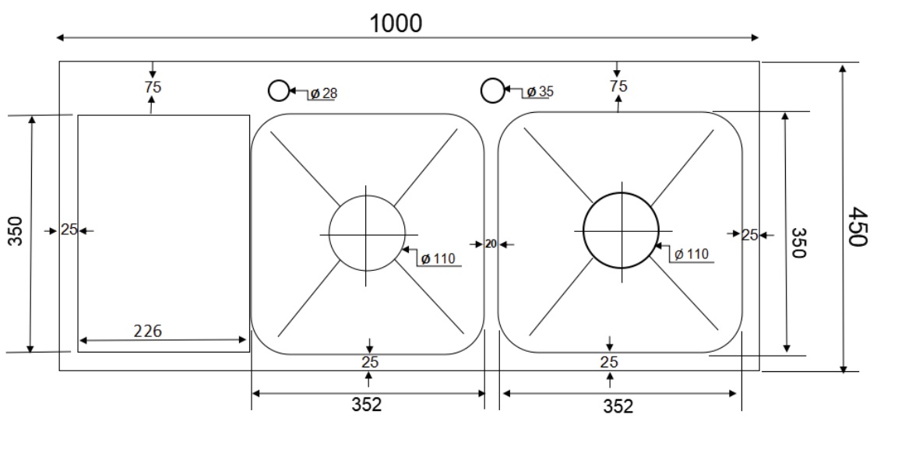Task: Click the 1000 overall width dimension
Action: click(x=396, y=23)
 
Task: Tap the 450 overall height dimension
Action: click(x=857, y=226)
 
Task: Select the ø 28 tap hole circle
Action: click(x=278, y=91)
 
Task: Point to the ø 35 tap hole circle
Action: click(x=491, y=91)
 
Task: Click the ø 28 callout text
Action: click(x=322, y=93)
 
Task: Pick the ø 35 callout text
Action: click(x=539, y=92)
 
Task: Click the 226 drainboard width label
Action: click(x=147, y=332)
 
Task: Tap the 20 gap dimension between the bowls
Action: click(x=491, y=244)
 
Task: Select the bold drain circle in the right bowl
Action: click(x=620, y=230)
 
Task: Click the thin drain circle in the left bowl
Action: click(x=367, y=233)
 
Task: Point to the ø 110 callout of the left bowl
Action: click(x=438, y=258)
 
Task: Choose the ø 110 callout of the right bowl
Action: click(x=691, y=254)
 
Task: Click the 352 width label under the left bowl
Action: click(x=367, y=405)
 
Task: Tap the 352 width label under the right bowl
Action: click(x=618, y=406)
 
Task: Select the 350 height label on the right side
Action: click(x=798, y=242)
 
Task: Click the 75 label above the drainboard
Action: click(x=153, y=87)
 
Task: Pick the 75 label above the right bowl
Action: click(x=618, y=86)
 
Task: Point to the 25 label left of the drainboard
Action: click(x=69, y=230)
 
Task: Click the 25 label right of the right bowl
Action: click(x=749, y=234)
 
